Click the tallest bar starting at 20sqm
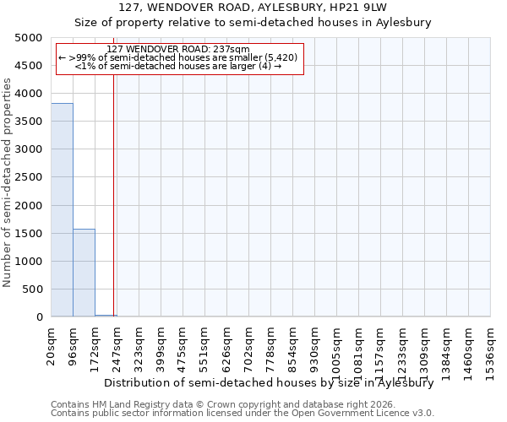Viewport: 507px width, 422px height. tap(62, 210)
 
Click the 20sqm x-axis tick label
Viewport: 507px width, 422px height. tap(52, 344)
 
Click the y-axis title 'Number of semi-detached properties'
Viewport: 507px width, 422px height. tap(8, 182)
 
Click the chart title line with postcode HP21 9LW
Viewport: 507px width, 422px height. tap(253, 8)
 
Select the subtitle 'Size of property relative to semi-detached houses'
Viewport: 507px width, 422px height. tap(253, 23)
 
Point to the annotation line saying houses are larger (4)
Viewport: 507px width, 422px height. tap(178, 66)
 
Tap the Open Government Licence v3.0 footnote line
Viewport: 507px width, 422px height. tap(243, 414)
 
